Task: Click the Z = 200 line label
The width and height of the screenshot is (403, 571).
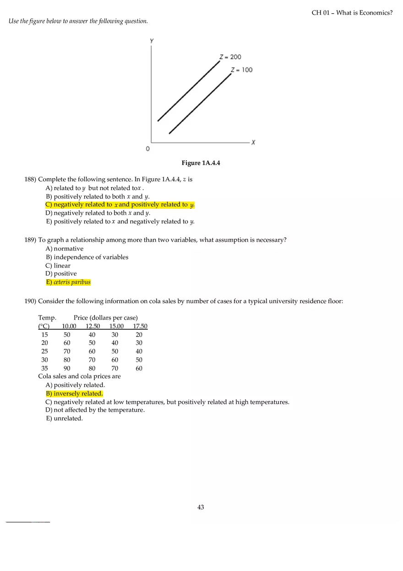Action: coord(230,57)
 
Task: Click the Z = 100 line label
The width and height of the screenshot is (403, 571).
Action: coord(241,70)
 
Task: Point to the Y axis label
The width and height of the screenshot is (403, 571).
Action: coord(152,41)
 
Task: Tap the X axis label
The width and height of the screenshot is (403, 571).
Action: coord(253,142)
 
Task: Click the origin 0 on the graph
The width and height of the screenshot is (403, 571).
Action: coord(147,149)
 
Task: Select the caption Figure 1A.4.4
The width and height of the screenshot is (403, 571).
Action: coord(201,163)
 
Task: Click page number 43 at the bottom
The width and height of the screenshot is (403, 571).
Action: coord(201,507)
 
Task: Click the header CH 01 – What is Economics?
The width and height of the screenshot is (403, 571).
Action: coord(352,13)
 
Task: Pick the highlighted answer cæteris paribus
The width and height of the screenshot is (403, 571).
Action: coord(68,282)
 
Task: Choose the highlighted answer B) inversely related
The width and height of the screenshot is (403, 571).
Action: coord(74,393)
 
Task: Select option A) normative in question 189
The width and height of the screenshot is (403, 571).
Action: coord(65,249)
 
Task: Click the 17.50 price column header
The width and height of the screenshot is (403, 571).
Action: coord(140,326)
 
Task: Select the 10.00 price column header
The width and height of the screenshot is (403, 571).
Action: coord(69,326)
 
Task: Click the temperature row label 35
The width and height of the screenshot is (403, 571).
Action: coord(44,368)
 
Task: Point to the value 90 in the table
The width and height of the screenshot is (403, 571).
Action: coord(67,368)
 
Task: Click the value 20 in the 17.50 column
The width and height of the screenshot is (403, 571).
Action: coord(139,335)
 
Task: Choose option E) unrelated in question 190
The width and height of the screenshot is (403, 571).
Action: coord(64,419)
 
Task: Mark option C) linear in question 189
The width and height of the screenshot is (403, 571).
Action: coord(58,266)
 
